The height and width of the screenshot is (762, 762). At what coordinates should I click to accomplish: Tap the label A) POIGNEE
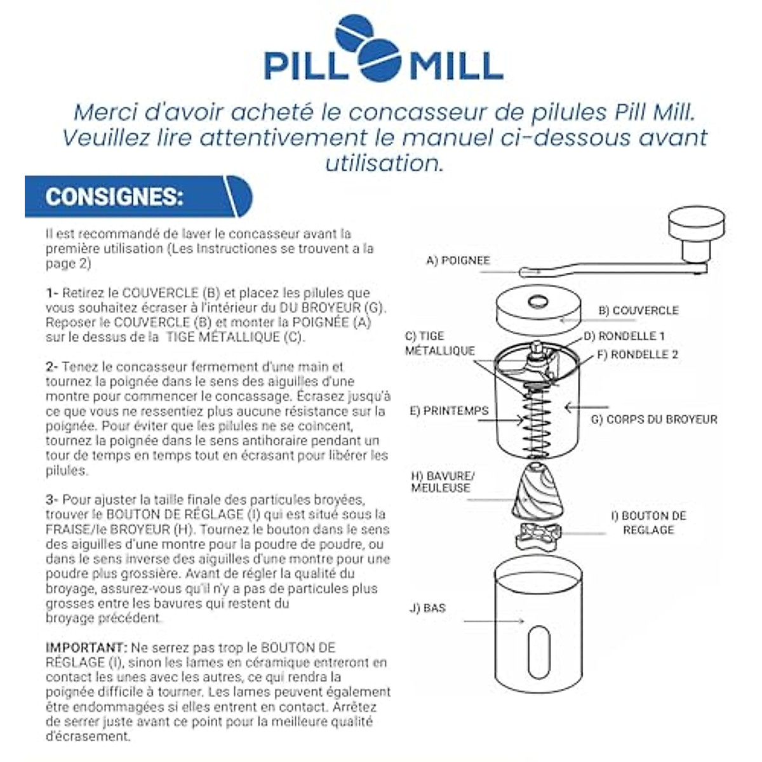tap(458, 260)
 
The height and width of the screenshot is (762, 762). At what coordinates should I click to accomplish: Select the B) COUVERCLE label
tap(638, 311)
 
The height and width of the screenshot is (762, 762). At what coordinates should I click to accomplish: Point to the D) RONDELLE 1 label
tap(624, 336)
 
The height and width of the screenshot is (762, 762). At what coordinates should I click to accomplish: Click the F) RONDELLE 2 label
tap(638, 355)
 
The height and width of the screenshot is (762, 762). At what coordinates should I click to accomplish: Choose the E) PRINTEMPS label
tap(449, 411)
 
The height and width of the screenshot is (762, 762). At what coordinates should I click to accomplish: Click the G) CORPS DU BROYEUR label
tap(654, 420)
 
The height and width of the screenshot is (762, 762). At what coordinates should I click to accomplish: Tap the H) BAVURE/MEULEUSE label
tap(443, 482)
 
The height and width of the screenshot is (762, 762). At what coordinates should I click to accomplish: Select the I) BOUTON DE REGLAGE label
tap(648, 523)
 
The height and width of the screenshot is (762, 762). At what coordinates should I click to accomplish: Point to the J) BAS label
tap(427, 608)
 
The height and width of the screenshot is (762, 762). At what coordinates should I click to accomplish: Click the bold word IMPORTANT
tap(86, 648)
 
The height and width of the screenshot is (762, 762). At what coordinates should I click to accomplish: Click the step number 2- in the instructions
tap(52, 367)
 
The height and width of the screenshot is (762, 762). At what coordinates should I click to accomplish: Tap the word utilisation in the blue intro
tap(384, 163)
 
